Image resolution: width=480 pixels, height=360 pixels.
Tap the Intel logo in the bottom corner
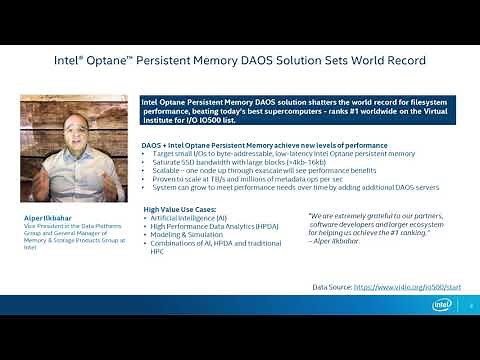[441, 303]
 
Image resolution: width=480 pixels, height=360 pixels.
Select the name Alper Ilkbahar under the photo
[48, 216]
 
